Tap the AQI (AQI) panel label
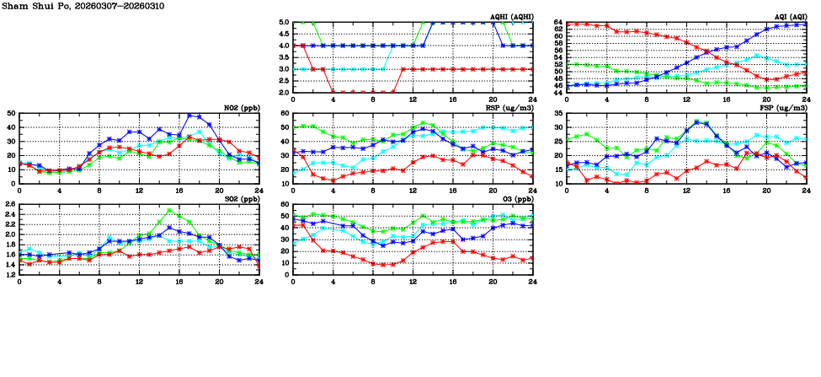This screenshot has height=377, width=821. pyautogui.click(x=789, y=16)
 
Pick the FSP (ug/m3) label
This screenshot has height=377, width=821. pyautogui.click(x=786, y=107)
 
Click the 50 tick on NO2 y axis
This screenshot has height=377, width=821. pyautogui.click(x=11, y=113)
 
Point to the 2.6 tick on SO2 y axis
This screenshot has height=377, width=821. pyautogui.click(x=10, y=205)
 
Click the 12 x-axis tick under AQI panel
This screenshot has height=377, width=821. pyautogui.click(x=686, y=99)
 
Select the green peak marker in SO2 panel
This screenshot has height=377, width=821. pyautogui.click(x=169, y=211)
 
